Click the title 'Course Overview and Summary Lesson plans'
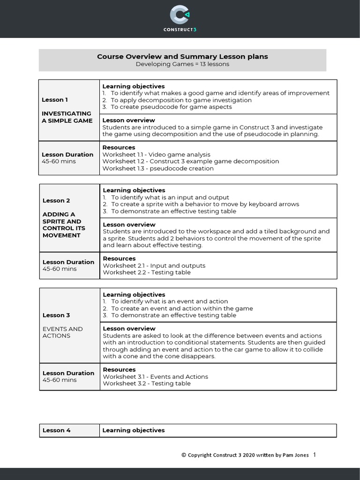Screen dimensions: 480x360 182,56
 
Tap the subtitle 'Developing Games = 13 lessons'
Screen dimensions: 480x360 182,64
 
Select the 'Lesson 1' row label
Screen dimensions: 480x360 55,100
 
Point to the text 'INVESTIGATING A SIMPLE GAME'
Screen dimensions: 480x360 67,117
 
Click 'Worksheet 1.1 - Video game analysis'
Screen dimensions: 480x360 157,155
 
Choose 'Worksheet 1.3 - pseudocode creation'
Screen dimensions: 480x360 158,168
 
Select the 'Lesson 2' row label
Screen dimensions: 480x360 56,201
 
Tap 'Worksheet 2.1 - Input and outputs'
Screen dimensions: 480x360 154,266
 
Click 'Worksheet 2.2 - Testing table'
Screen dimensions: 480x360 147,272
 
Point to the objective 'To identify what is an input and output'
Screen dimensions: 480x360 170,197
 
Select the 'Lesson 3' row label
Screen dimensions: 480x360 56,315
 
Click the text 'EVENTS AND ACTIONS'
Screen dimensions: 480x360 62,332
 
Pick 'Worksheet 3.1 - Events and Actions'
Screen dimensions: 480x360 156,377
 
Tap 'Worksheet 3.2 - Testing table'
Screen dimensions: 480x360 147,383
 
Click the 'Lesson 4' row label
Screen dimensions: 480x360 56,430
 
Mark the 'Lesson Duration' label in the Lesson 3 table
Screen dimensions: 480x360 68,373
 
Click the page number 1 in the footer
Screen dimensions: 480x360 314,455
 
